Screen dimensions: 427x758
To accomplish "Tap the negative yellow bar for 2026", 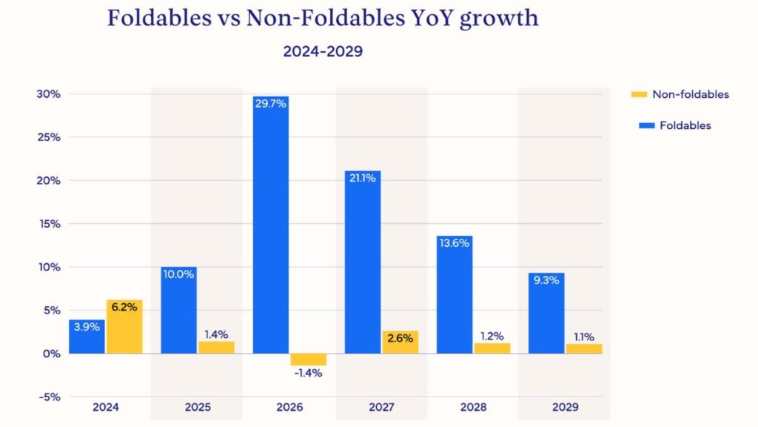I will coord(308,360).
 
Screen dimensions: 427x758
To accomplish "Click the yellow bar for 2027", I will coord(400,342).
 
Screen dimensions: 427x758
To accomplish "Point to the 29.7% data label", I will coord(271,104).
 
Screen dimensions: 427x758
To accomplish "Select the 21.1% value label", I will coord(363,179).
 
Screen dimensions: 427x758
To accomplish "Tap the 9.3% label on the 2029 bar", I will coord(547,281).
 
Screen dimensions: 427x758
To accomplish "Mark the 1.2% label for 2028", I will coord(492,334).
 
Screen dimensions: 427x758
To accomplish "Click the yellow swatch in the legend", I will coord(638,94).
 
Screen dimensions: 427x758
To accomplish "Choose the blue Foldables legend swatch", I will coord(638,125).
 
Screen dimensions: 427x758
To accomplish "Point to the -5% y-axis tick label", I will coord(48,397).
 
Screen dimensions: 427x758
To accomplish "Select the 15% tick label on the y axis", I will coord(48,224).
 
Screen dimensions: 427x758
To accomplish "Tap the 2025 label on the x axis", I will coord(198,407).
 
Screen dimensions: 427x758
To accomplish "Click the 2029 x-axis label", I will coord(565,407).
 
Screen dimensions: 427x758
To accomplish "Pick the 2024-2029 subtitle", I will coord(323,52).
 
